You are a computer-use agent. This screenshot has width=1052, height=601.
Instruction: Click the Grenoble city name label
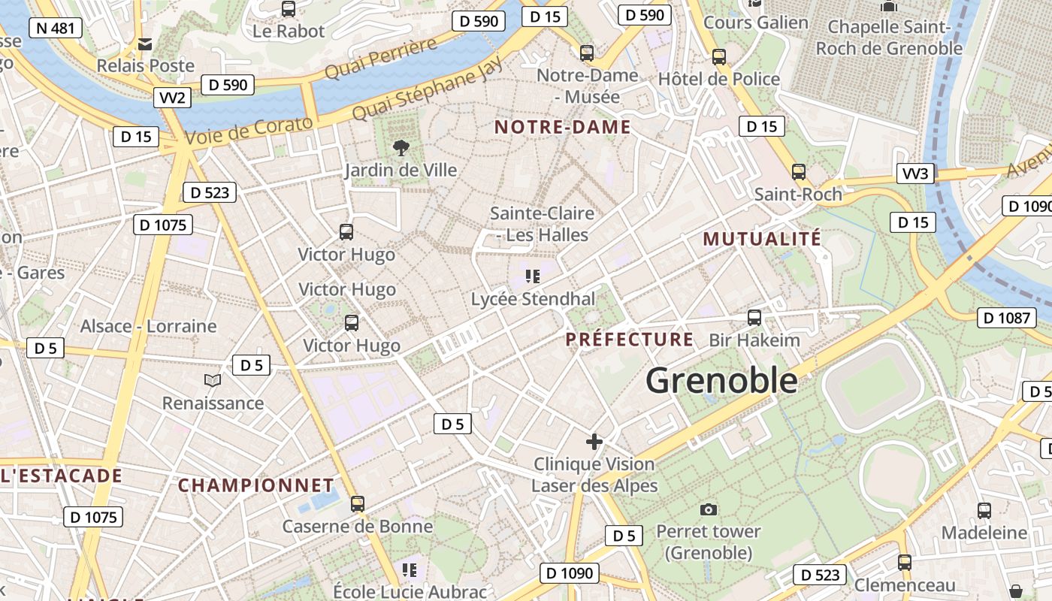tap(721, 380)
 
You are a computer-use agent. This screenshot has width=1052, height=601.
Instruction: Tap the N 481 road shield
tap(55, 29)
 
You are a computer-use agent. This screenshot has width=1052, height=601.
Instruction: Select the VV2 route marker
tap(172, 98)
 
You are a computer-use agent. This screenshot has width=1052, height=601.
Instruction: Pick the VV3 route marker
tap(915, 174)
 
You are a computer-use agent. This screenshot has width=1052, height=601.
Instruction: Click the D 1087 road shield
tap(1007, 318)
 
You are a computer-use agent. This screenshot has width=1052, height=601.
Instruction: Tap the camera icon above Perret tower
tap(708, 510)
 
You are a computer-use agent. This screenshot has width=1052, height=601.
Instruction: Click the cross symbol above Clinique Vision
tap(594, 442)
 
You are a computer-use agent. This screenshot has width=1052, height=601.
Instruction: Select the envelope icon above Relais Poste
tap(145, 44)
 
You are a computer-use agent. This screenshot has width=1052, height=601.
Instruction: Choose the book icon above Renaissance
tap(213, 381)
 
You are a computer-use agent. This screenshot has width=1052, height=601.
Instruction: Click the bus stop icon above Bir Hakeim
tap(754, 318)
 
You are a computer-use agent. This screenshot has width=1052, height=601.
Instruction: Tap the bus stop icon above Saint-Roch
tap(798, 172)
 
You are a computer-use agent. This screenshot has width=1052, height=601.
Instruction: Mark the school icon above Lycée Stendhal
tap(534, 276)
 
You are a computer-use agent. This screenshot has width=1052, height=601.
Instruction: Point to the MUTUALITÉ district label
tap(762, 240)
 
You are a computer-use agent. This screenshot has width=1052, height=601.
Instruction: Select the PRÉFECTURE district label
tap(630, 340)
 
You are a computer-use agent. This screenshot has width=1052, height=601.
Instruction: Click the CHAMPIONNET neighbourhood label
tap(255, 485)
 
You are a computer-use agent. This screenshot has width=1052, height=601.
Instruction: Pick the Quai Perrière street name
tap(381, 59)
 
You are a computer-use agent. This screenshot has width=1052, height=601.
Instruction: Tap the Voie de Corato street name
tap(248, 132)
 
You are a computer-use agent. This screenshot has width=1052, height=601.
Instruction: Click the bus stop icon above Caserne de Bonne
tap(358, 504)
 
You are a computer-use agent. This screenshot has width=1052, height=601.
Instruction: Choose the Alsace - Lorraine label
tap(148, 326)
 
